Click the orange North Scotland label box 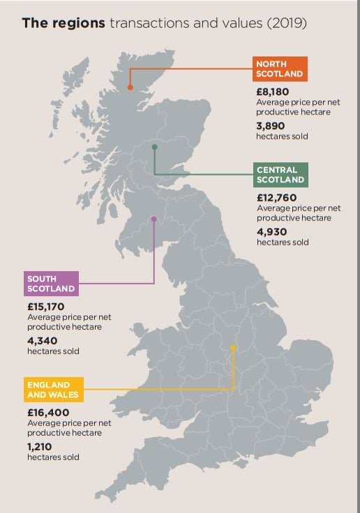click(x=280, y=70)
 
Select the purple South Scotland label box click(x=51, y=284)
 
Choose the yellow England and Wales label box click(x=54, y=390)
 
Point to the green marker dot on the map click(x=154, y=147)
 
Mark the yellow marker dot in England click(x=233, y=347)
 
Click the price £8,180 click(x=272, y=92)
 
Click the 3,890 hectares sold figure click(x=271, y=125)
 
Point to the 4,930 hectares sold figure click(x=271, y=231)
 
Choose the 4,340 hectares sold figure click(x=42, y=340)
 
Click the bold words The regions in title click(x=63, y=24)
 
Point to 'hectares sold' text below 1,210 click(x=53, y=457)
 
